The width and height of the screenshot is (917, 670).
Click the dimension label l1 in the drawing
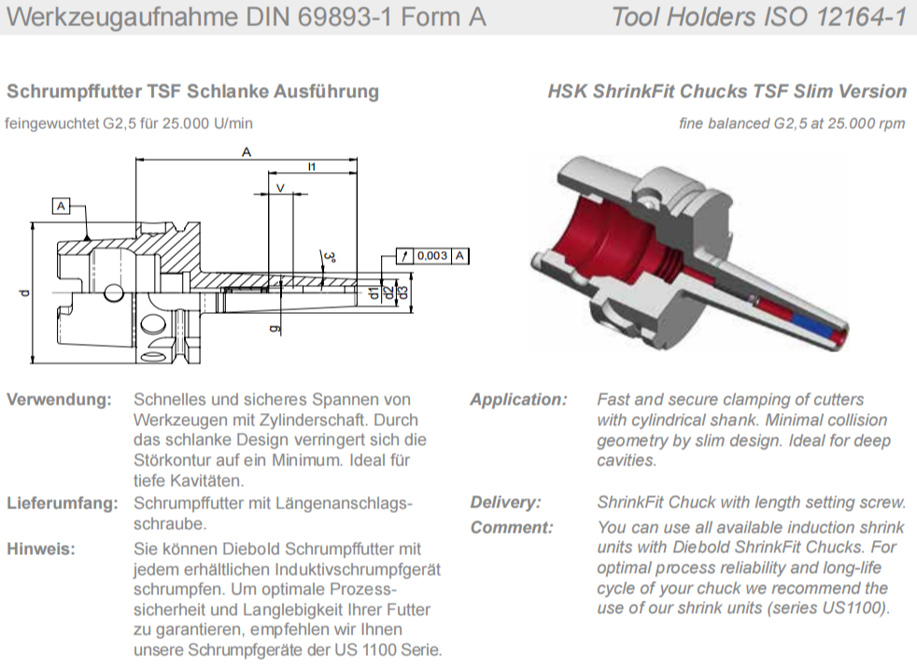pyautogui.click(x=312, y=166)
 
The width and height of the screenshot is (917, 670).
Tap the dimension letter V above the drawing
pyautogui.click(x=280, y=188)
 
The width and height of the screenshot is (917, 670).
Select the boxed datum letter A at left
pyautogui.click(x=61, y=206)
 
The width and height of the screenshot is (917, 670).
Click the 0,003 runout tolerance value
pyautogui.click(x=432, y=256)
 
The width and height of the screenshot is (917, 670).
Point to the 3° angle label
pyautogui.click(x=330, y=258)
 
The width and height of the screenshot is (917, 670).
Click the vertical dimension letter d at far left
pyautogui.click(x=24, y=292)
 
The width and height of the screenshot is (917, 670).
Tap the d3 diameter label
pyautogui.click(x=402, y=292)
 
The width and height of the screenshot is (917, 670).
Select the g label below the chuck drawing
pyautogui.click(x=275, y=329)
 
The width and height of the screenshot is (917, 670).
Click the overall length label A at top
pyautogui.click(x=247, y=152)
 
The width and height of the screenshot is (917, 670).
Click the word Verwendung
pyautogui.click(x=59, y=400)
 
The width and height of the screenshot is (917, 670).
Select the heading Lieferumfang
pyautogui.click(x=62, y=504)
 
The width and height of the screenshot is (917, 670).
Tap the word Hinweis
pyautogui.click(x=41, y=549)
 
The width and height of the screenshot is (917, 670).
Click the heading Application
pyautogui.click(x=519, y=400)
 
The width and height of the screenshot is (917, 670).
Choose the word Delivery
pyautogui.click(x=506, y=503)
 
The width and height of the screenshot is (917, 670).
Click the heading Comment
pyautogui.click(x=512, y=528)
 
